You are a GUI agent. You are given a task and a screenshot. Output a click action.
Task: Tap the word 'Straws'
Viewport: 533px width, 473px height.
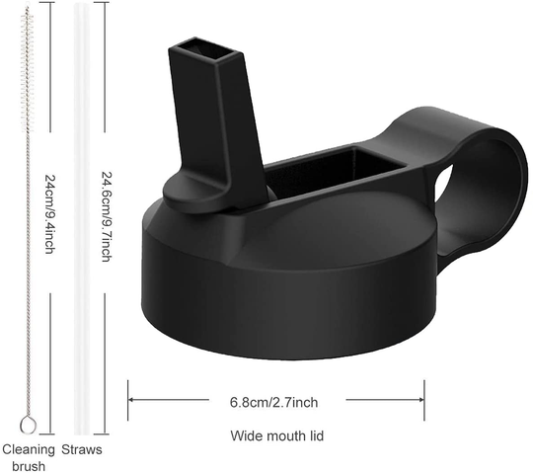tap(82, 450)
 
